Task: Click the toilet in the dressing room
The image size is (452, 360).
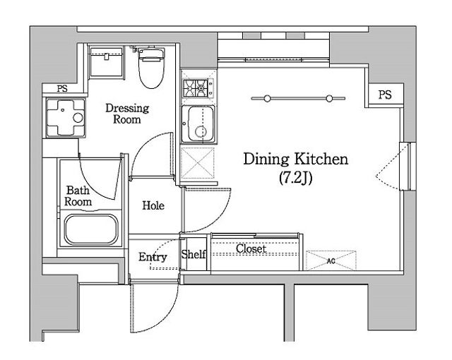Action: [x=152, y=68]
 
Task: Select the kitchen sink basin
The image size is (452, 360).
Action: [x=198, y=124]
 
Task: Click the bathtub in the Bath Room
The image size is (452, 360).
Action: [x=91, y=229]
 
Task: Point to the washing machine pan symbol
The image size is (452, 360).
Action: [x=66, y=117]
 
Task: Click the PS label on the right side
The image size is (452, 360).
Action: [x=385, y=95]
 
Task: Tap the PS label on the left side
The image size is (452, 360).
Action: [x=62, y=88]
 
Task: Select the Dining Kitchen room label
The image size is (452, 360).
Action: [x=296, y=160]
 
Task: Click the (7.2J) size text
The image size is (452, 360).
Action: [x=296, y=179]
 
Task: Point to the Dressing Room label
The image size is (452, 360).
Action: [x=127, y=114]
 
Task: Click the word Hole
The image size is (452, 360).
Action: [x=153, y=205]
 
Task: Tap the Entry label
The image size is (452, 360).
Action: [x=153, y=257]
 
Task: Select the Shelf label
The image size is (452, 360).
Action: [x=194, y=254]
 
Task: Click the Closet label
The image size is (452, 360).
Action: [x=251, y=248]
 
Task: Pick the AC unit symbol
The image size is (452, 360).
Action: [x=331, y=260]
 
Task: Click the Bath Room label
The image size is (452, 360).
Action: [x=78, y=196]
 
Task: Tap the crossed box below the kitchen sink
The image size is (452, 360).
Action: [x=198, y=163]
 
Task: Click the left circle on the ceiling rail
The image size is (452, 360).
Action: [x=267, y=99]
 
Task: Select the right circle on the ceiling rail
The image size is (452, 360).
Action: [x=330, y=99]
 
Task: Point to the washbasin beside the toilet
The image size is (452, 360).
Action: [x=106, y=63]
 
